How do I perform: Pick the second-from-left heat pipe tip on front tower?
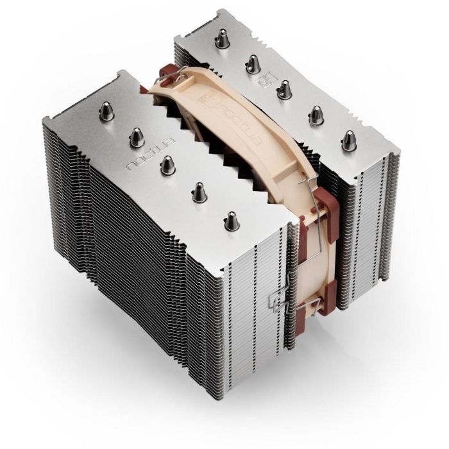tap(137, 135)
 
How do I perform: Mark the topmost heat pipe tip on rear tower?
tap(221, 40)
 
